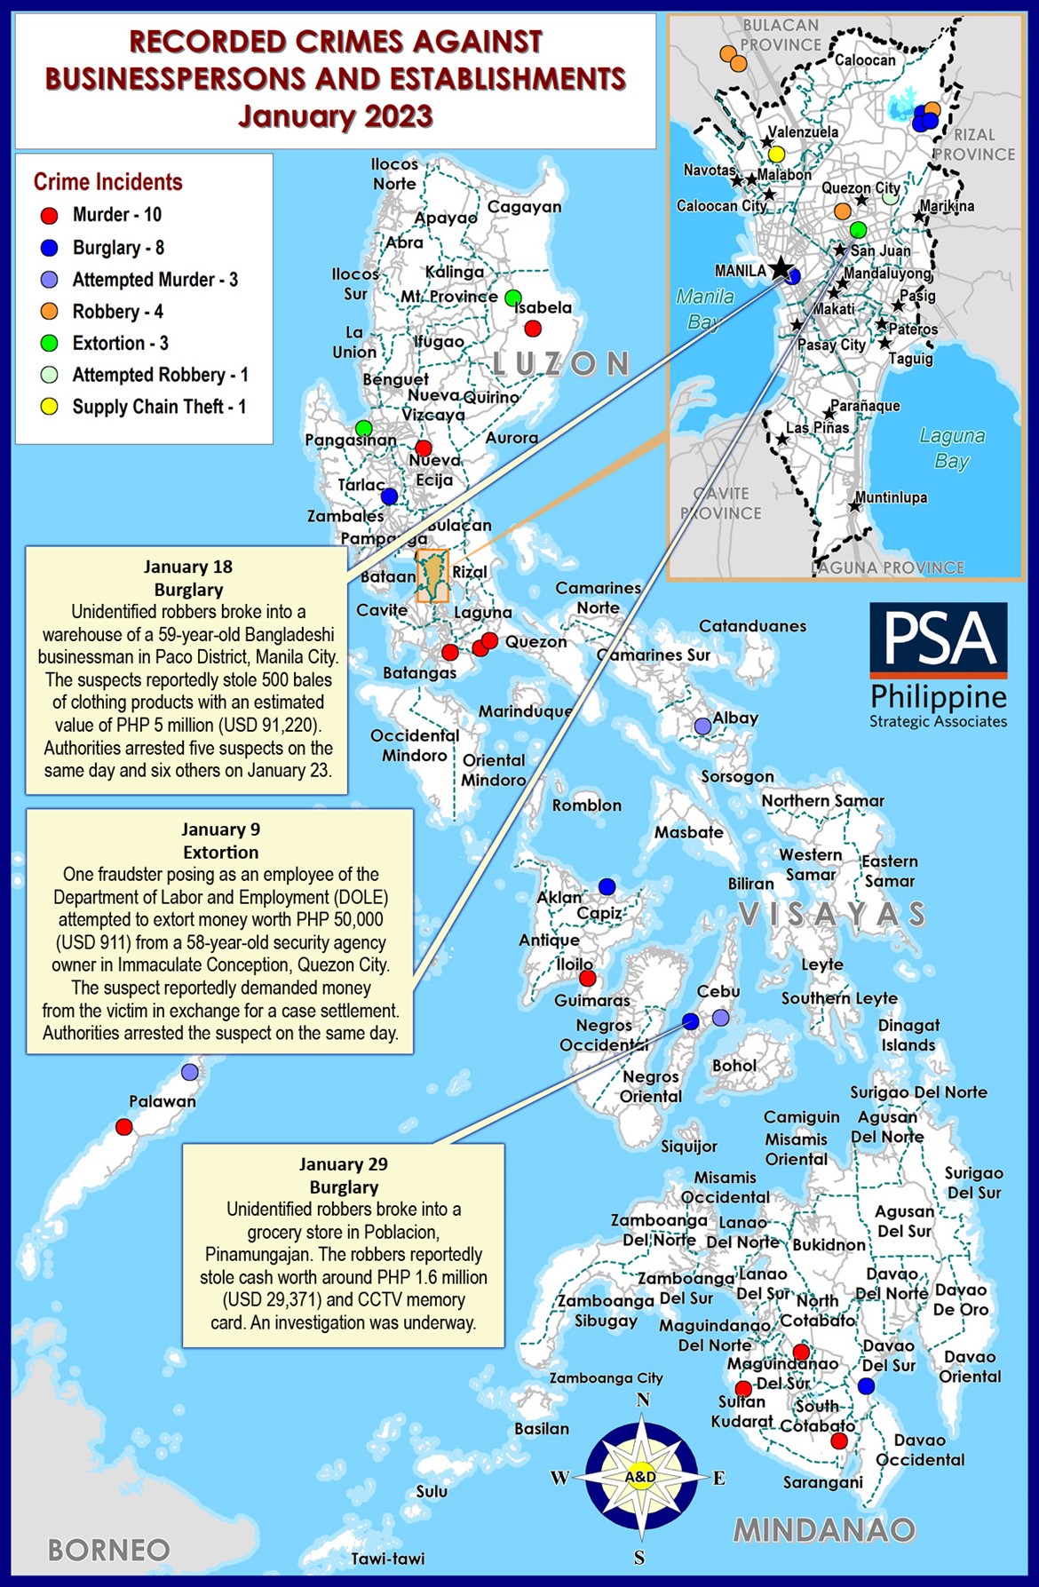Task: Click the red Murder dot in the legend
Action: pos(50,215)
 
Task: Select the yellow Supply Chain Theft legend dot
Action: pos(50,407)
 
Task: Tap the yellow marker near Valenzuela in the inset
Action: pos(776,155)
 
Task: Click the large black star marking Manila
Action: pos(780,268)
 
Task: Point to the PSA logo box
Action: pos(938,634)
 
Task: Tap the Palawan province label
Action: pos(162,1101)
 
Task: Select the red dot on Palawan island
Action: pos(124,1127)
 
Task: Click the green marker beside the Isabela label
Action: pos(512,298)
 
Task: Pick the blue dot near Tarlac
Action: pos(389,496)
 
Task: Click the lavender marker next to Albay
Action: pos(702,726)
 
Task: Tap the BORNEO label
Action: pos(108,1550)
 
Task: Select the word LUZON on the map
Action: pos(560,363)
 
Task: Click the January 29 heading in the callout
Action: pos(343,1163)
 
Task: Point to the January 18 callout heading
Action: pos(188,567)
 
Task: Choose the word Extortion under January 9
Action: pos(220,853)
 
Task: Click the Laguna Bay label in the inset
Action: pos(951,448)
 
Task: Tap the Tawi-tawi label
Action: pos(387,1559)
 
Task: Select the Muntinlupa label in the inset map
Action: pos(891,497)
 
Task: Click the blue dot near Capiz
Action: pos(607,886)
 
